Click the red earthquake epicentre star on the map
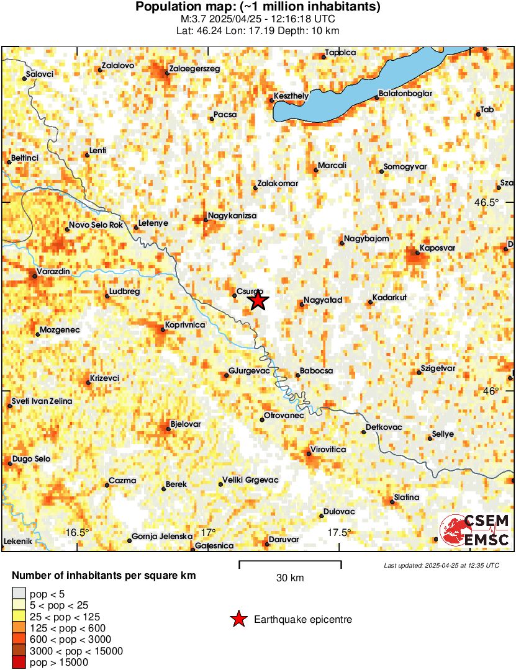point(258,301)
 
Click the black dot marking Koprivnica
point(163,329)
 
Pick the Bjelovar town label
point(186,424)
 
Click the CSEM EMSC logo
point(475,530)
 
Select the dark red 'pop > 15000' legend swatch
point(19,663)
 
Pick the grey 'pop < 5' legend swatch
point(19,594)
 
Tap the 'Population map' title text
point(258,7)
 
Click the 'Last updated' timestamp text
point(441,565)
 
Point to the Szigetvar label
point(438,368)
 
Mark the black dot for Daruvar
point(267,544)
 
